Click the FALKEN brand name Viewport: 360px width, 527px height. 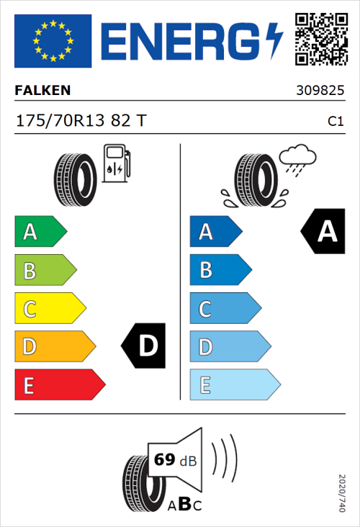[42, 91]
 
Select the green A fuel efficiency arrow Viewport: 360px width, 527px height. [40, 232]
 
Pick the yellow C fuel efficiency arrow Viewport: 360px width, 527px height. [50, 309]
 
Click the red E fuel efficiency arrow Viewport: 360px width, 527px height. [59, 385]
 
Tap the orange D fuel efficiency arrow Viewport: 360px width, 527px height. [55, 347]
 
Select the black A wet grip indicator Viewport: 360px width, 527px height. [323, 232]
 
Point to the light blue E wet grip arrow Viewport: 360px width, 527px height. [234, 385]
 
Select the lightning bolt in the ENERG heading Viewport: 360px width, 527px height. [274, 41]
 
